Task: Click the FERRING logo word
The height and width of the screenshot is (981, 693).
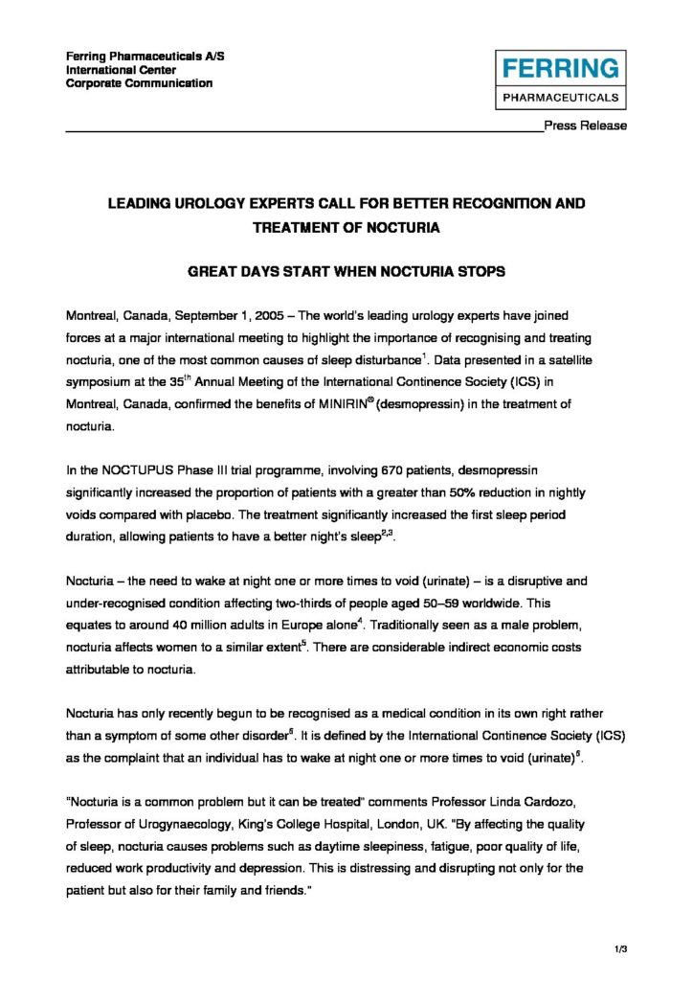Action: tap(561, 69)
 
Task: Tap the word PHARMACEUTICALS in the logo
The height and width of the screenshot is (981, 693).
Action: tap(561, 97)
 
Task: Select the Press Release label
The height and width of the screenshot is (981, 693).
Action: tap(586, 125)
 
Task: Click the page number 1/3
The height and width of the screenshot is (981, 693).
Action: tap(620, 948)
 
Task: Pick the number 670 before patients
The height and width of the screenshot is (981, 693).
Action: tap(338, 472)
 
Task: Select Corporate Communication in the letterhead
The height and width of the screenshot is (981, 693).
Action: tap(140, 83)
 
